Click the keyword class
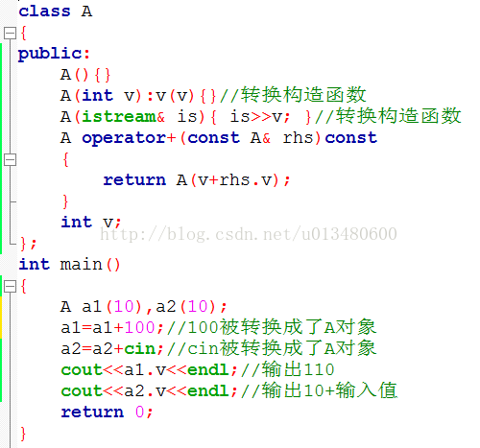pos(44,12)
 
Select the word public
pos(50,54)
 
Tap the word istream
pos(119,116)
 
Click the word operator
pos(124,138)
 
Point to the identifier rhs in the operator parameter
pos(298,138)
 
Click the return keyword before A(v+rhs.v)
pos(134,180)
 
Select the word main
pos(81,265)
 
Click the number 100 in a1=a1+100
pos(139,327)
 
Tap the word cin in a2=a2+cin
pos(139,348)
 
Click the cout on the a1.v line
pos(82,370)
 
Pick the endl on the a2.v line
pos(207,390)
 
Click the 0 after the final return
pos(139,412)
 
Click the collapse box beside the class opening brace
pos(10,33)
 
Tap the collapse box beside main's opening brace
pos(10,286)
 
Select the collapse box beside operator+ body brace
pos(10,159)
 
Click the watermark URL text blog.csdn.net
pos(244,234)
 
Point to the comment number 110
pos(319,370)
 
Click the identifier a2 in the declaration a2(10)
pos(166,306)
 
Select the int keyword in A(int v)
pos(97,95)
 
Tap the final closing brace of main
pos(23,434)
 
